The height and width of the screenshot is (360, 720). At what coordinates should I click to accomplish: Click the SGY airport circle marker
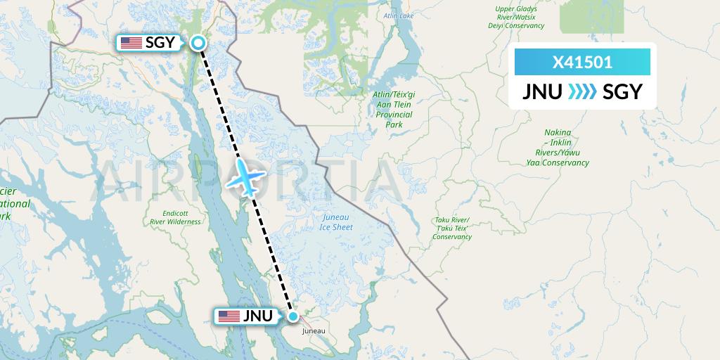pyautogui.click(x=199, y=44)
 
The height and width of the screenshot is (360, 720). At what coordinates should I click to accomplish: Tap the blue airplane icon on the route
pyautogui.click(x=245, y=176)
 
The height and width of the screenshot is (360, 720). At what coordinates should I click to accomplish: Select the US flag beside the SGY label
pyautogui.click(x=131, y=43)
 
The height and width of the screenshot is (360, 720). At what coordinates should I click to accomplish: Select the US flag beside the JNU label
pyautogui.click(x=229, y=316)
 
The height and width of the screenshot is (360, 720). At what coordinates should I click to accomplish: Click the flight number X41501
pyautogui.click(x=582, y=63)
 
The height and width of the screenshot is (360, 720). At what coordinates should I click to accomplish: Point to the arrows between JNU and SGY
pyautogui.click(x=582, y=91)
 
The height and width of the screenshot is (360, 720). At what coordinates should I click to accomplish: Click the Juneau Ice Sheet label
pyautogui.click(x=335, y=222)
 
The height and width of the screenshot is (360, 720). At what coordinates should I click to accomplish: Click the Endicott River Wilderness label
pyautogui.click(x=175, y=217)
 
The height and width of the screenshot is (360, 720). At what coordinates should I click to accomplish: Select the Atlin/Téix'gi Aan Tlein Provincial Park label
pyautogui.click(x=394, y=109)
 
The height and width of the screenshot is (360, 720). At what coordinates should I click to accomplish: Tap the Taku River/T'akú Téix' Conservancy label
pyautogui.click(x=451, y=229)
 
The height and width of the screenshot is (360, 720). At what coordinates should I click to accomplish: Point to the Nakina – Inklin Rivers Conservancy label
pyautogui.click(x=558, y=148)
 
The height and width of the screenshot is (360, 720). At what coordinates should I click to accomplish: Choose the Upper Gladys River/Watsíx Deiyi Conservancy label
pyautogui.click(x=516, y=18)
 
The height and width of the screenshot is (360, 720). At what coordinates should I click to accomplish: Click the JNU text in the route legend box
pyautogui.click(x=542, y=91)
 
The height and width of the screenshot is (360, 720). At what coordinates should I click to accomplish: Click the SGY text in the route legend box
pyautogui.click(x=622, y=91)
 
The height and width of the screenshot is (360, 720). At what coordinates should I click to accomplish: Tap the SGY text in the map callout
pyautogui.click(x=160, y=43)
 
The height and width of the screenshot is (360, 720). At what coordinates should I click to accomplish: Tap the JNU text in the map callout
pyautogui.click(x=257, y=316)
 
